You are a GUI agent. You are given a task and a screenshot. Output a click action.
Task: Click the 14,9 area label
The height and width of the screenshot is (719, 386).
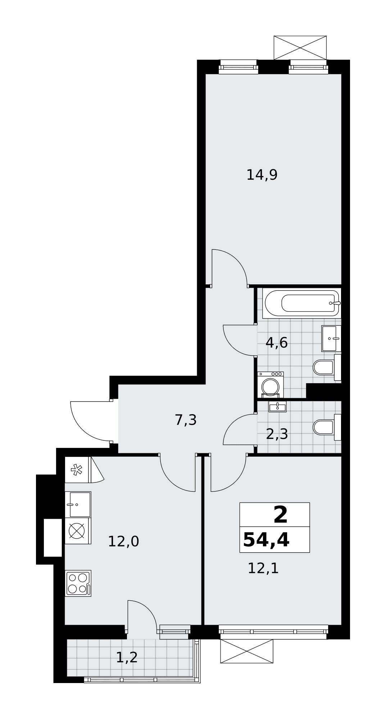coord(262,175)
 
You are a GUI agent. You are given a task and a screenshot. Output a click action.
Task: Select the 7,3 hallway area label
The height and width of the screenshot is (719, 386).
coord(186,420)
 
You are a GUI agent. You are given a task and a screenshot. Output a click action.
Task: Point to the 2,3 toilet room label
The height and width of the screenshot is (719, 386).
coord(277,434)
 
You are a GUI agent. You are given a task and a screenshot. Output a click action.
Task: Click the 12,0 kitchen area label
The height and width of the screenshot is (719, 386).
coord(123,541)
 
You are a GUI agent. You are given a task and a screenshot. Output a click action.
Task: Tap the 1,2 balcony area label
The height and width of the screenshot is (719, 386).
coord(127,658)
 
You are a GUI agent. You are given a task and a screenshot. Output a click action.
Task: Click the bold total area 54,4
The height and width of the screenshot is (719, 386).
coord(266,540)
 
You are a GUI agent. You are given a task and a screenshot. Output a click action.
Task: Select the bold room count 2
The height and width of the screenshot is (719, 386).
coord(281,514)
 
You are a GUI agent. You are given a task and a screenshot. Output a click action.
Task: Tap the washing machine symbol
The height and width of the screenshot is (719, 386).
coord(271,385)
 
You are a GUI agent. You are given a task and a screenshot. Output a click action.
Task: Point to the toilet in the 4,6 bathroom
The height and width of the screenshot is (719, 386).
coord(327,367)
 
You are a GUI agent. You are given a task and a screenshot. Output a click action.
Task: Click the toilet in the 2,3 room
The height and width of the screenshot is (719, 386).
coord(327,427)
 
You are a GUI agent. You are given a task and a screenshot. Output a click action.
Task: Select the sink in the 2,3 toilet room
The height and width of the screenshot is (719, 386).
coord(277,407)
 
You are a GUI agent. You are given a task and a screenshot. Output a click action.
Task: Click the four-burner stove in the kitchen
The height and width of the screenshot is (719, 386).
coord(78,583)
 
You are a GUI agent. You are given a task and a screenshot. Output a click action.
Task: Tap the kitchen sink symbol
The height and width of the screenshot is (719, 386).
coord(78,504)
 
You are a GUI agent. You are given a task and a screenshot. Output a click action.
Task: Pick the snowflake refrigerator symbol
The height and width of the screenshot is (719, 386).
coord(77,470)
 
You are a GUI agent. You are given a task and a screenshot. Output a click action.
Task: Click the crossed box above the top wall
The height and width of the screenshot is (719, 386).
coord(300,48)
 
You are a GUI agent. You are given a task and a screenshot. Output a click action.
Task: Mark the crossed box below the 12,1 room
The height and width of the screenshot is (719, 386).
coord(247,651)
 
